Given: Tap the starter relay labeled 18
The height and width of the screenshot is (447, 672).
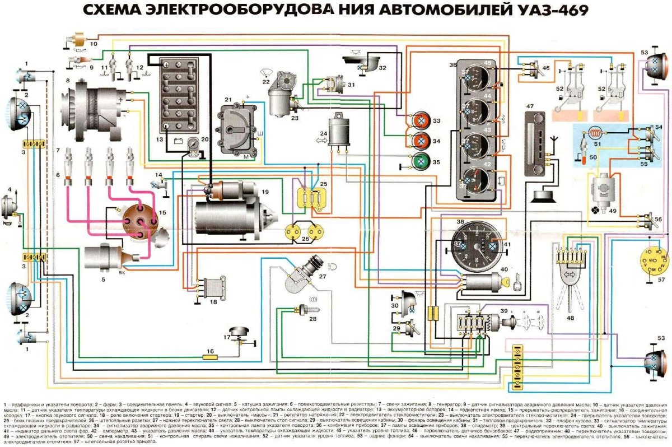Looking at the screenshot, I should (211, 287).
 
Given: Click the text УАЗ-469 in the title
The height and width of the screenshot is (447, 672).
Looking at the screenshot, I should (552, 10).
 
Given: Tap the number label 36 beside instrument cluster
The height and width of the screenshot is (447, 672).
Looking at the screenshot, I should (452, 65).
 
